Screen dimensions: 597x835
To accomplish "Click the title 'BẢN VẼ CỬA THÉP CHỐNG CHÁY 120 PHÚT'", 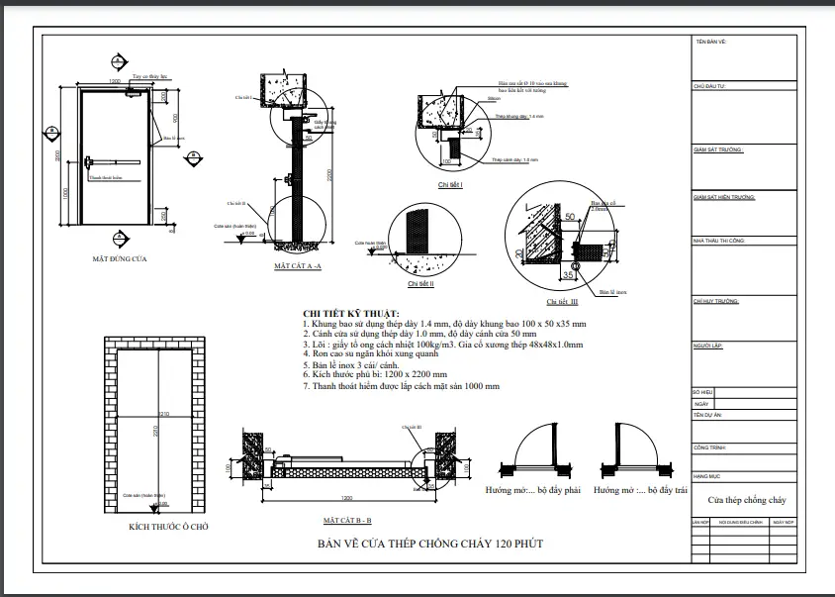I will [x=429, y=544].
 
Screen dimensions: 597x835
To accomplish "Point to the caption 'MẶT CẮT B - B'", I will [x=347, y=520].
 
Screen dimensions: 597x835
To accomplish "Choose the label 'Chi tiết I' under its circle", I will [x=450, y=185].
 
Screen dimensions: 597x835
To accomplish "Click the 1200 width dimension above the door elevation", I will [x=115, y=81].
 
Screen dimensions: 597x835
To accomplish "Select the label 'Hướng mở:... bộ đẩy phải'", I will [x=530, y=490].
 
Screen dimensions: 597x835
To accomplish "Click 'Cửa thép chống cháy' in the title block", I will [x=746, y=501].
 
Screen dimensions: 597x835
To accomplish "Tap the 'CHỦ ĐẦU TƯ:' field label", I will [x=710, y=87].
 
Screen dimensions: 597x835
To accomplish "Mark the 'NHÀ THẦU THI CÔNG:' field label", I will [x=719, y=241].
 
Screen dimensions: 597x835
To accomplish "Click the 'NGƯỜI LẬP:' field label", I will [x=709, y=346].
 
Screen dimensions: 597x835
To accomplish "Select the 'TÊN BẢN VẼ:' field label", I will [x=710, y=42].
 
